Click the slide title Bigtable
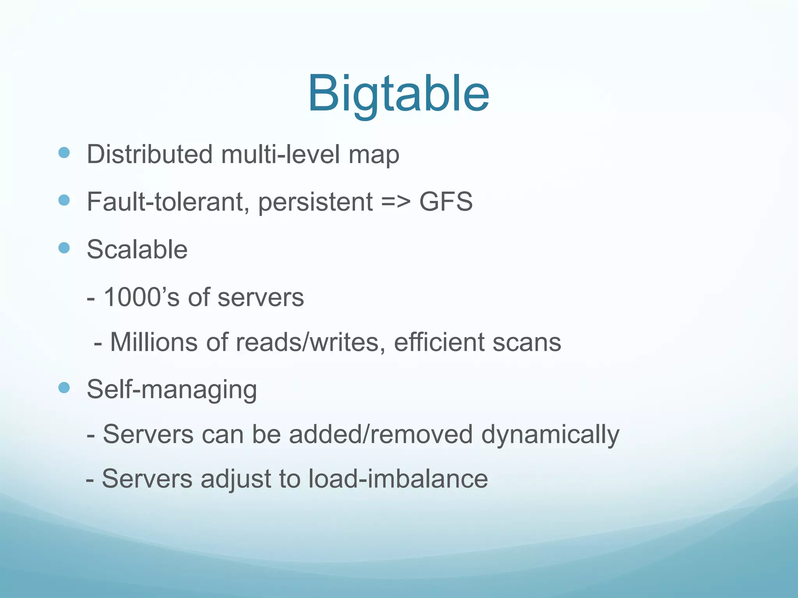coord(398,95)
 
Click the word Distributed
coord(150,154)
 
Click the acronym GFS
coord(446,202)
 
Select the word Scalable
coord(137,249)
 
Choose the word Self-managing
coord(172,389)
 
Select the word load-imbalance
coord(398,478)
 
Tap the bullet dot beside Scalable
coord(64,248)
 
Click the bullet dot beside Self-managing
coord(64,387)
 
